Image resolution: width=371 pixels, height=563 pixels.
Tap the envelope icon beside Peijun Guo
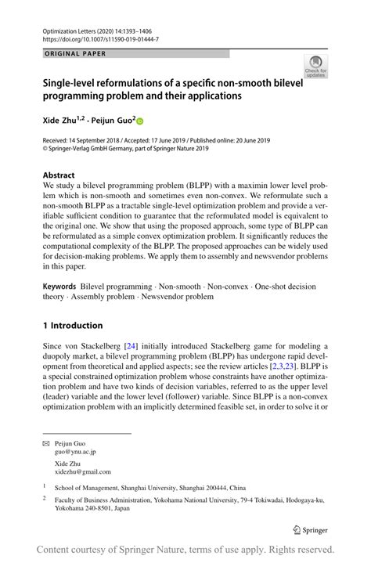(45, 443)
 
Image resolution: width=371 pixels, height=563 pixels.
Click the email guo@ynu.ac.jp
(75, 452)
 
